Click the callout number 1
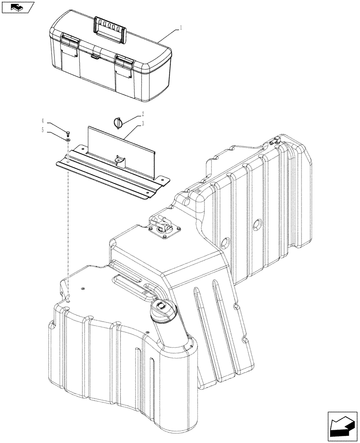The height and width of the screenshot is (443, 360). pyautogui.click(x=181, y=27)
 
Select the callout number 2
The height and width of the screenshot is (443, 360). pyautogui.click(x=144, y=113)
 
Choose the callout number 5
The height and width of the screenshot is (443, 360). pyautogui.click(x=43, y=130)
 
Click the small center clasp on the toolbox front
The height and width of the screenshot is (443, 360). pyautogui.click(x=94, y=56)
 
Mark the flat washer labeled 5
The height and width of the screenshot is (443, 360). pyautogui.click(x=67, y=139)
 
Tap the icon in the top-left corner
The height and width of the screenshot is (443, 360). pyautogui.click(x=18, y=7)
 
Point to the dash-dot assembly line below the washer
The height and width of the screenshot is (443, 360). pyautogui.click(x=67, y=221)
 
